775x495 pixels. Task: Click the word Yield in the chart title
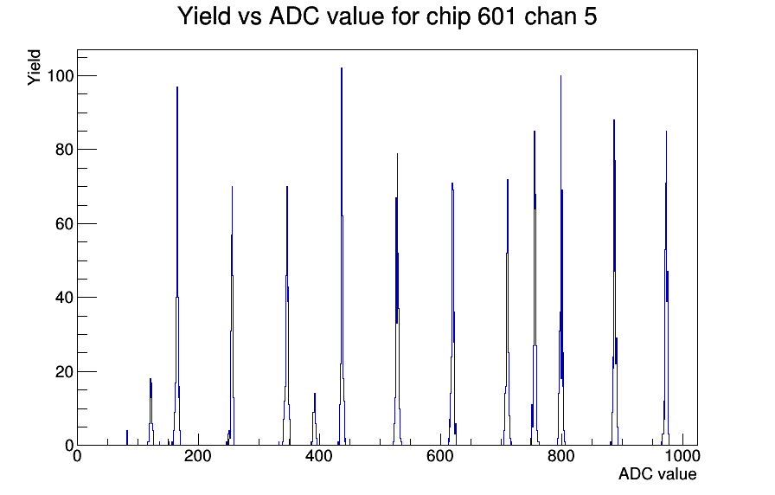(x=204, y=16)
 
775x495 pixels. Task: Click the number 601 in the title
(x=497, y=16)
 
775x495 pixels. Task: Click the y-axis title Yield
(x=34, y=67)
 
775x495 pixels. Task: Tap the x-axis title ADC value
(x=657, y=473)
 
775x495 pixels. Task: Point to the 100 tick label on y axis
(x=61, y=75)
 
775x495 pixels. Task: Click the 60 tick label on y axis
(x=64, y=223)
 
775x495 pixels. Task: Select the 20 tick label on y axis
(x=64, y=371)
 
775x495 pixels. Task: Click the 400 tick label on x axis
(x=319, y=456)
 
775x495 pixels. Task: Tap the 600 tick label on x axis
(x=440, y=456)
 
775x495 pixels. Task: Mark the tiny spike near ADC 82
(x=127, y=438)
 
